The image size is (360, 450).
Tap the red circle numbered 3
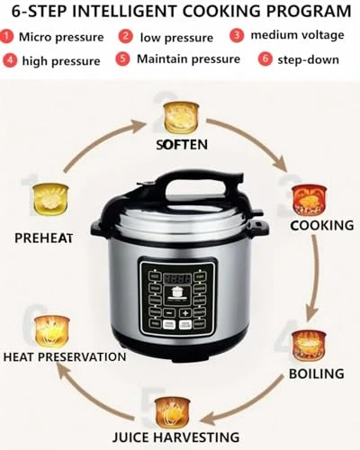click(237, 37)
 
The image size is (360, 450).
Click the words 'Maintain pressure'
click(188, 59)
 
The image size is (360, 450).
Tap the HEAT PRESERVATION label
click(64, 356)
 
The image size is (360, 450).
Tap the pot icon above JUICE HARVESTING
click(171, 411)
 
